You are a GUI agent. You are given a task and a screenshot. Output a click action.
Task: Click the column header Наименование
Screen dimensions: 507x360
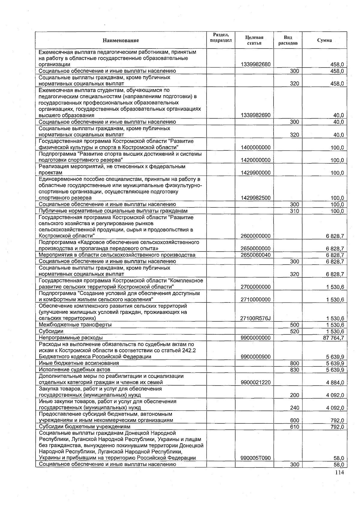pos(121,40)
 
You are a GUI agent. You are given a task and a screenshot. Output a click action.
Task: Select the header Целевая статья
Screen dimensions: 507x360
pos(254,40)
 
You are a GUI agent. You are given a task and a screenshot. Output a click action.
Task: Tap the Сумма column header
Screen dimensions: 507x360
pos(324,40)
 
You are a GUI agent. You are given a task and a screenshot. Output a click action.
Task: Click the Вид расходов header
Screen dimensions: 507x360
pos(288,40)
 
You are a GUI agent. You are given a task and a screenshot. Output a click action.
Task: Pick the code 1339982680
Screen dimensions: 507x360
pos(256,64)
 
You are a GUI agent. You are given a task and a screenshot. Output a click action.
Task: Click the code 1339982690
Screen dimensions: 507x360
pos(256,115)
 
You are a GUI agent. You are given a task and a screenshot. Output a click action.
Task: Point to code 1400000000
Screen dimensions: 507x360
pos(256,148)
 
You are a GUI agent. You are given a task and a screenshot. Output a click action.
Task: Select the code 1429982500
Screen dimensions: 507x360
pos(256,198)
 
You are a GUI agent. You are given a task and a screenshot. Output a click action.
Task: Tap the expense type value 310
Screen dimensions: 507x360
pos(294,211)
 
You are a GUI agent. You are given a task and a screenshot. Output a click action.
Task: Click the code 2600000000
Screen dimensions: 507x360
pos(256,236)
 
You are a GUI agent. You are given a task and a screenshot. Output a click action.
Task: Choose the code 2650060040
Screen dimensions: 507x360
pos(256,255)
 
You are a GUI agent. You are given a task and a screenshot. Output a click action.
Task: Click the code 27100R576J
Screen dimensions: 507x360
pos(256,318)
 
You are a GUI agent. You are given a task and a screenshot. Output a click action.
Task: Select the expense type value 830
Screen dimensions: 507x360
pos(294,370)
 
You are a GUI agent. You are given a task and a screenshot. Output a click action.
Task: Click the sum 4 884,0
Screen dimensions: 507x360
pos(335,383)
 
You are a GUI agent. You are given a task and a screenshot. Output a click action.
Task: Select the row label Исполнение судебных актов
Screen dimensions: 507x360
pos(74,370)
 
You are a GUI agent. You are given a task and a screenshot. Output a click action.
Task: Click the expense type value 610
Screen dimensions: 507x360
pos(294,427)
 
